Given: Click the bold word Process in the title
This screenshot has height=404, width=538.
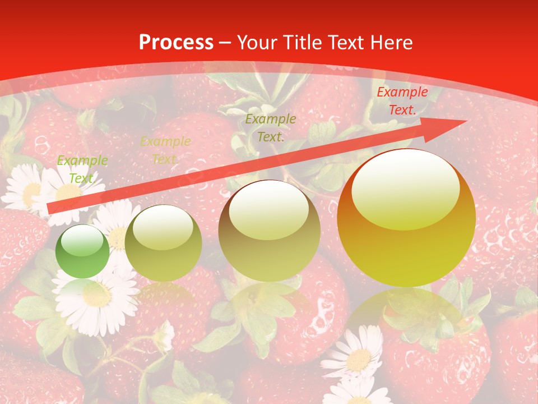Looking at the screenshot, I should [176, 43].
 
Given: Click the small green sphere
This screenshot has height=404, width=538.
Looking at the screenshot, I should [83, 251].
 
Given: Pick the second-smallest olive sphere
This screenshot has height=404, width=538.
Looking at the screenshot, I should [163, 243].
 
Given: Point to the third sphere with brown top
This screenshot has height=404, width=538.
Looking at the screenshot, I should [270, 231].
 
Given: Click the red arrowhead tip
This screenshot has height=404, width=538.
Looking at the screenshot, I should [465, 122].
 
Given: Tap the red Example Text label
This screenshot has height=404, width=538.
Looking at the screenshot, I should [402, 101].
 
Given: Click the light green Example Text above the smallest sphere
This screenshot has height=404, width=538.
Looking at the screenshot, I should [82, 169].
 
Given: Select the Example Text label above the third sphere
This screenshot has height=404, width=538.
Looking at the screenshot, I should [271, 127].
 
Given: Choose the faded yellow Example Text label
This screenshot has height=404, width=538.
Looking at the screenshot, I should [165, 150].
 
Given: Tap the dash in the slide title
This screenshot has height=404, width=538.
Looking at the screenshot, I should [225, 43].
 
